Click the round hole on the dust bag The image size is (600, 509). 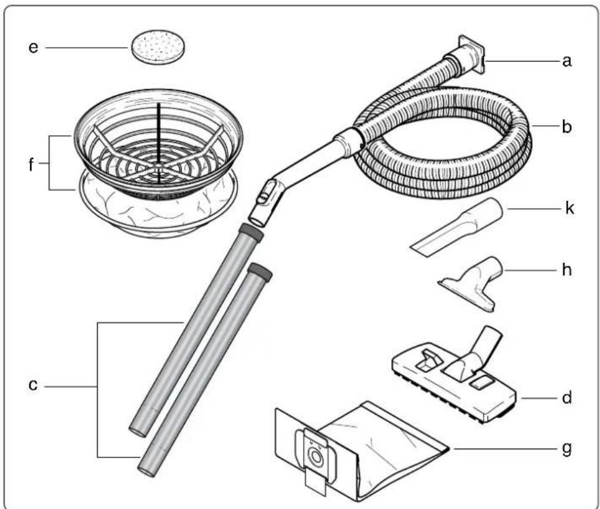pyautogui.click(x=312, y=456)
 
